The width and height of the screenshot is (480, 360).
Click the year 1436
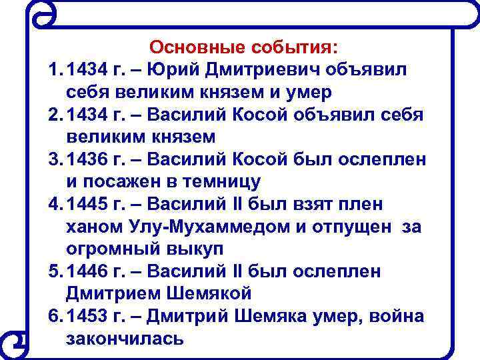click(90, 160)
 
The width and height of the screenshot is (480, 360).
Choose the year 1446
click(90, 272)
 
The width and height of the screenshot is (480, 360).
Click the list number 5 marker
click(54, 272)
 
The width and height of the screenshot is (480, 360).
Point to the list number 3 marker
click(54, 160)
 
